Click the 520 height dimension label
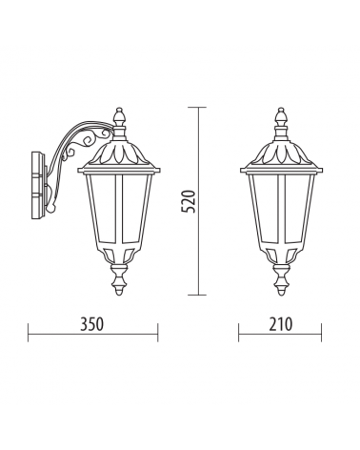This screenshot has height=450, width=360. [189, 201]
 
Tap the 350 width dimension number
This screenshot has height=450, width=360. [91, 324]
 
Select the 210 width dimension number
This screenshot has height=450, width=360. [281, 324]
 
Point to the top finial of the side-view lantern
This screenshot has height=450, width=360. [119, 118]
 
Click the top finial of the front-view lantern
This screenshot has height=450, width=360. [281, 118]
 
